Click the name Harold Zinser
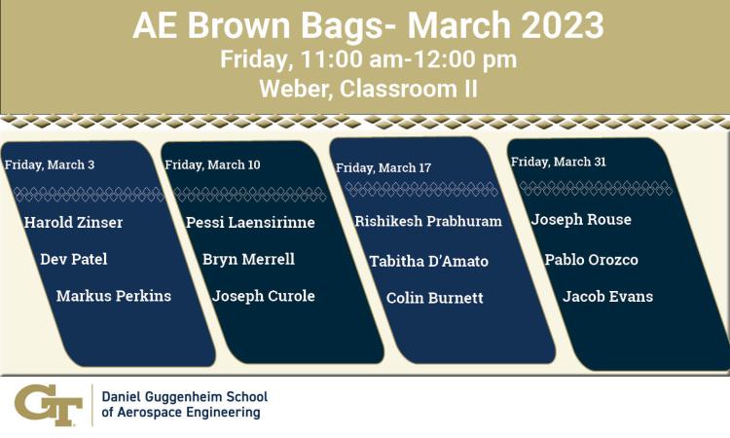click(74, 222)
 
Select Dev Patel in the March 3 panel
click(74, 259)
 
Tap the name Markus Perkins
click(114, 296)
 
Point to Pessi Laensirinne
click(250, 222)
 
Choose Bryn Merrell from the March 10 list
click(248, 259)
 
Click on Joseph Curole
click(264, 296)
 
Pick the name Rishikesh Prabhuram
click(428, 221)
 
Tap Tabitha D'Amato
click(429, 261)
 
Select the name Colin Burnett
click(435, 298)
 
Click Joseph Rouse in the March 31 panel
click(581, 219)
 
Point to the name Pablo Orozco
click(591, 259)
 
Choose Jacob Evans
click(607, 296)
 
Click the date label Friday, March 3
click(50, 164)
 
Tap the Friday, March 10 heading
click(212, 164)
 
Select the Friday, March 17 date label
click(383, 167)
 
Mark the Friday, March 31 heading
click(559, 162)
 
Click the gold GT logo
click(49, 405)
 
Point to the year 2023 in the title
click(563, 25)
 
